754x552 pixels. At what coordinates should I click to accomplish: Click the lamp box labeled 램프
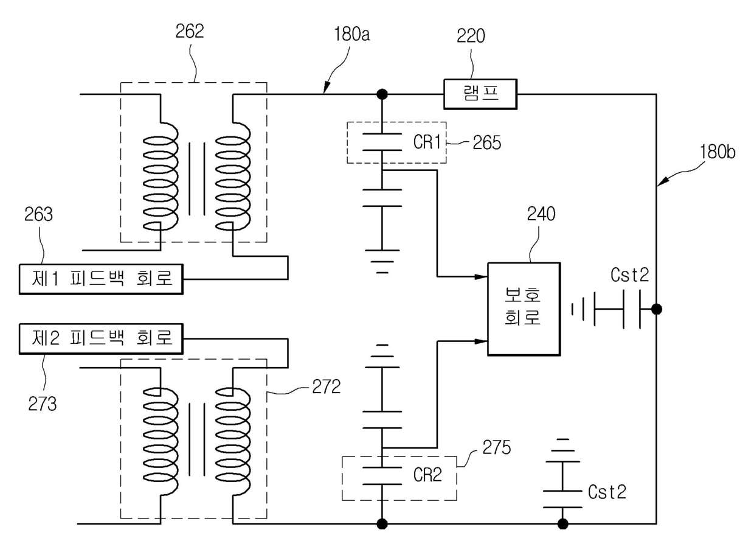point(480,94)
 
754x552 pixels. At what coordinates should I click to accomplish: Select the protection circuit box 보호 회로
point(524,309)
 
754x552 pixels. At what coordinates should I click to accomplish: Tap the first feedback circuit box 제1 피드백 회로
point(101,279)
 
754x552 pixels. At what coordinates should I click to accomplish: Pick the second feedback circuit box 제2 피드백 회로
point(101,339)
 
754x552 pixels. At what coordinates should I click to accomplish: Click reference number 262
point(190,31)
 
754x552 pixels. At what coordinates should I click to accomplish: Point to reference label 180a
point(351,34)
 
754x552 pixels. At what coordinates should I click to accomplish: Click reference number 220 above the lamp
point(471,36)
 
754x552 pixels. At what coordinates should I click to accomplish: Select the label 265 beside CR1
point(486,142)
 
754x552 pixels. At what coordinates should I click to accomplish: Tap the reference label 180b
point(718,152)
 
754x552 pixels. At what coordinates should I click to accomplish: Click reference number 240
point(541,214)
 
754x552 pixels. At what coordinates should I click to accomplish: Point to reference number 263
point(39,214)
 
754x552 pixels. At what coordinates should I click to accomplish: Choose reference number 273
point(43,404)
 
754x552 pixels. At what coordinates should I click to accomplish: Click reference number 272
point(327,386)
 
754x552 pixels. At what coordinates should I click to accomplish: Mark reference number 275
point(497,447)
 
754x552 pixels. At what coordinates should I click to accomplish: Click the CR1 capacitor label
point(427,142)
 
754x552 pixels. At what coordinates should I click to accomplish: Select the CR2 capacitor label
point(427,475)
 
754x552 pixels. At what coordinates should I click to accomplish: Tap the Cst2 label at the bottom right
point(607,492)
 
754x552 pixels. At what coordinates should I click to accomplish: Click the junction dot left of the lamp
point(382,94)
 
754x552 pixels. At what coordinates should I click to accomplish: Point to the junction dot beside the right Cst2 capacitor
point(656,309)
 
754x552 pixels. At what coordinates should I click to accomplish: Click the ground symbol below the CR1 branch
point(382,262)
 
